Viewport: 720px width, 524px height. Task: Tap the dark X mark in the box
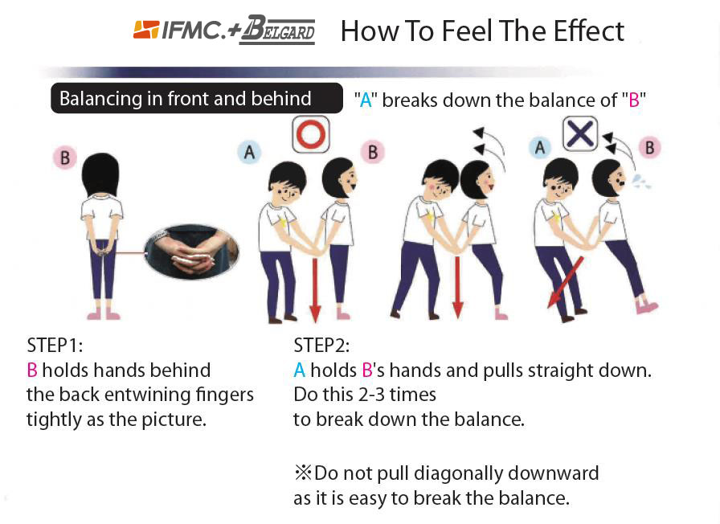point(580,133)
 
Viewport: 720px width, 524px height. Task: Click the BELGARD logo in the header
point(277,31)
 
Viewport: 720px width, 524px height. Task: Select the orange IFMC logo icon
point(146,30)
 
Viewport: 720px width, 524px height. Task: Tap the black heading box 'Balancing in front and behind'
point(197,98)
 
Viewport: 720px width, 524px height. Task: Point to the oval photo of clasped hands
point(191,252)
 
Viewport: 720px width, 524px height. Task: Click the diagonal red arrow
point(565,282)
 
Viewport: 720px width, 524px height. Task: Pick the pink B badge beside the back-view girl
point(65,158)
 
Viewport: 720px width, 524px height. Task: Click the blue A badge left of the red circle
point(249,152)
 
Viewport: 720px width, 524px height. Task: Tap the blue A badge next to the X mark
point(540,147)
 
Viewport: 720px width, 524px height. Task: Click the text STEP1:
point(55,345)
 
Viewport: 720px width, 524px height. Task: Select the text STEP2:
point(321,345)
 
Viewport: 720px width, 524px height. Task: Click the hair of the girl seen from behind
point(100,174)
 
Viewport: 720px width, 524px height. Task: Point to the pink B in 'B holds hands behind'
point(32,370)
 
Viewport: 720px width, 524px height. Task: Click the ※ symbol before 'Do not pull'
point(303,473)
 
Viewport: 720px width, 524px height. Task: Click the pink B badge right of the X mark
point(650,147)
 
